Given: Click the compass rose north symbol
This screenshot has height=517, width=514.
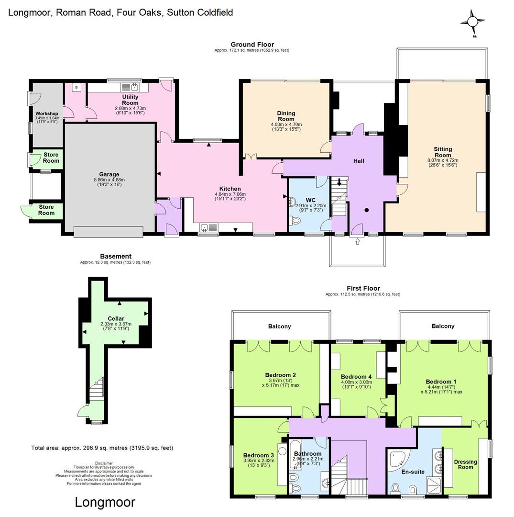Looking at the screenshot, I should coord(472,22).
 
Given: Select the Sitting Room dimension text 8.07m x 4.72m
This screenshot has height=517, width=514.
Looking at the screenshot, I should coord(443,160).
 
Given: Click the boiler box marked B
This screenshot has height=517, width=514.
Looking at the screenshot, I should coord(76,88).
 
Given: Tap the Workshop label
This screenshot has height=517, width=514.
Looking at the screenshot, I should coord(47,113).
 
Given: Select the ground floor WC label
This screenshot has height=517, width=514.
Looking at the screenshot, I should coord(310,200).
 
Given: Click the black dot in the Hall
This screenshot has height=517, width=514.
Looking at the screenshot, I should coord(367,210).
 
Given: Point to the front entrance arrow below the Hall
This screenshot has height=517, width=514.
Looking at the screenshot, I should coord(358,242).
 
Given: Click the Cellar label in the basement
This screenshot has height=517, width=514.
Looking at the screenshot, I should coord(116,318).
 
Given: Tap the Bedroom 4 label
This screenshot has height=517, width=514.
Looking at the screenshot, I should coord(356,377).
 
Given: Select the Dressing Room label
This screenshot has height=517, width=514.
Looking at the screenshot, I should coord(465,464).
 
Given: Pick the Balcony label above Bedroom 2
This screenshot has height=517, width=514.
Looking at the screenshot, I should coord(280,326).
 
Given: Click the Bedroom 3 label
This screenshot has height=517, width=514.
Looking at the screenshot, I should coord(258,455).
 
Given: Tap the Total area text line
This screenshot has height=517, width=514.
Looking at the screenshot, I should coord(102,448).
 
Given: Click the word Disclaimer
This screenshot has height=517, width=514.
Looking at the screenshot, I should coord(104,463).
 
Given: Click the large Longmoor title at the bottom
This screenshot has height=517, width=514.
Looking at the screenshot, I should coord(105,503).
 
